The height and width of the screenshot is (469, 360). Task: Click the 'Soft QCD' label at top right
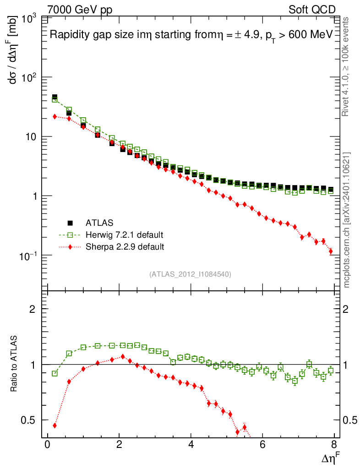(312, 10)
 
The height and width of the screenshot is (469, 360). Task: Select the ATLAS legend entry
(98, 223)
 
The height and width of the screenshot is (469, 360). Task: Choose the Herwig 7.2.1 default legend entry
(124, 235)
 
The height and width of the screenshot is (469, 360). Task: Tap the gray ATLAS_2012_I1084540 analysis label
(190, 274)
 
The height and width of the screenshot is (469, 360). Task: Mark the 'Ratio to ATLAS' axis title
(15, 365)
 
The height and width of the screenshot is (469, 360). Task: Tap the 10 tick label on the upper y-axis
(33, 137)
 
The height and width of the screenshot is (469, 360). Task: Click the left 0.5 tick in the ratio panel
(32, 420)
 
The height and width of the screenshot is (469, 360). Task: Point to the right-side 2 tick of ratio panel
(348, 309)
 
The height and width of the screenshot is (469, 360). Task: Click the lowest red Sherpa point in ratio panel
(238, 432)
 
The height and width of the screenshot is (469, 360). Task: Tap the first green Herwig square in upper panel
(55, 99)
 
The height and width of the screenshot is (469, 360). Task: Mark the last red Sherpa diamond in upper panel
(331, 251)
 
